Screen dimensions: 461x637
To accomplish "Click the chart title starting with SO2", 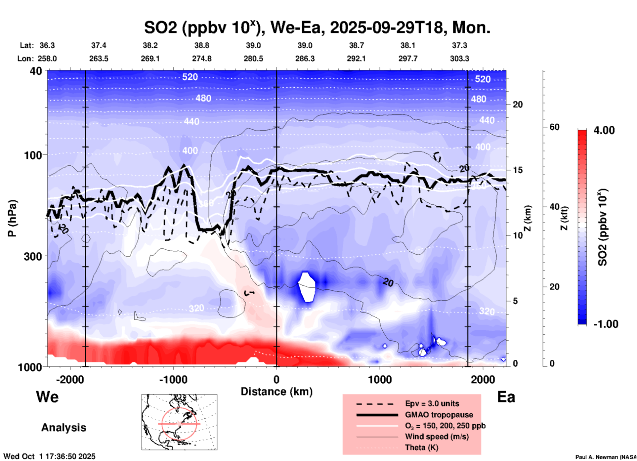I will [317, 27].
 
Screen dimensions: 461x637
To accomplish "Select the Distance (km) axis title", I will [276, 392].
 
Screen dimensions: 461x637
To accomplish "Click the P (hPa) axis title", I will [12, 218].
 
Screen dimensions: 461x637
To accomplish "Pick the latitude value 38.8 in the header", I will [202, 45].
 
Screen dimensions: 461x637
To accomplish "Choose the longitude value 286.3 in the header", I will [305, 59].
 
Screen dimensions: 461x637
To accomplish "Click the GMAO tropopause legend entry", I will [439, 415].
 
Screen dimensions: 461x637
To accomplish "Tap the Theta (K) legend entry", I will [421, 447].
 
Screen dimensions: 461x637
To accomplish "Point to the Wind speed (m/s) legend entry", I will [437, 437].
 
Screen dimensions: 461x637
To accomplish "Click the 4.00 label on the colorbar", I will [604, 130].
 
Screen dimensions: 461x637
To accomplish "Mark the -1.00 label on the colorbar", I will [605, 324].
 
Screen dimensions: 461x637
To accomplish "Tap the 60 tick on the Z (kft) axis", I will [554, 127].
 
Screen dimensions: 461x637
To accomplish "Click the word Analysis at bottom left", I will [64, 427].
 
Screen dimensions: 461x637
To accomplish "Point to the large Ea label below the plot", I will [506, 397].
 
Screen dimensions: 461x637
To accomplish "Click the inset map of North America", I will [179, 422].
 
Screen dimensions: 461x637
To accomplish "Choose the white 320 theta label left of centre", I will [196, 308].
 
